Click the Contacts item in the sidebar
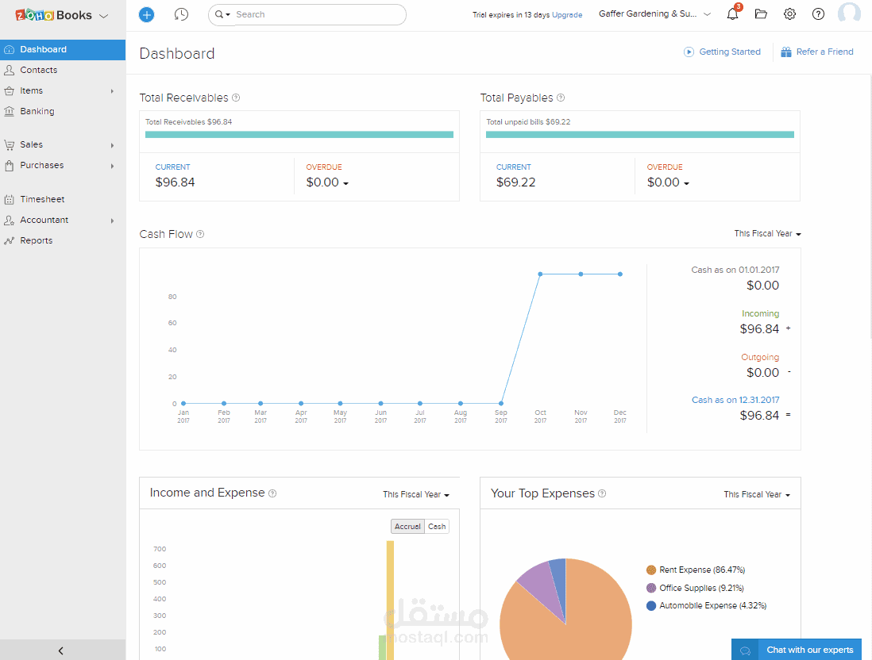pyautogui.click(x=38, y=70)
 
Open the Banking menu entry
pyautogui.click(x=37, y=111)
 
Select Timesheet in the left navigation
pyautogui.click(x=42, y=199)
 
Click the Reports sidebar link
pyautogui.click(x=37, y=240)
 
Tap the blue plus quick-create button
pyautogui.click(x=146, y=14)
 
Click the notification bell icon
pyautogui.click(x=733, y=14)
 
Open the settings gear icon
pyautogui.click(x=789, y=14)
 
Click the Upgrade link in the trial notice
pyautogui.click(x=567, y=15)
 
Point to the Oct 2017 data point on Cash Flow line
pyautogui.click(x=540, y=274)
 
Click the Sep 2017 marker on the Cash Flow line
pyautogui.click(x=501, y=403)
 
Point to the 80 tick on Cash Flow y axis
pyautogui.click(x=172, y=297)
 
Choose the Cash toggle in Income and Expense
pyautogui.click(x=437, y=527)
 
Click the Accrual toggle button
pyautogui.click(x=407, y=527)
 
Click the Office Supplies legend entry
pyautogui.click(x=695, y=588)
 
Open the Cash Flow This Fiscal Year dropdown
pyautogui.click(x=767, y=234)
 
